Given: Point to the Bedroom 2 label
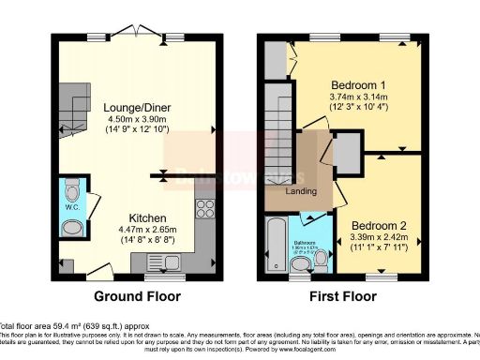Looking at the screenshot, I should [378, 226].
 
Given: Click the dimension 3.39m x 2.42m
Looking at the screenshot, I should [378, 237].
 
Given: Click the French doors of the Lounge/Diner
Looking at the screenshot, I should [140, 36].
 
